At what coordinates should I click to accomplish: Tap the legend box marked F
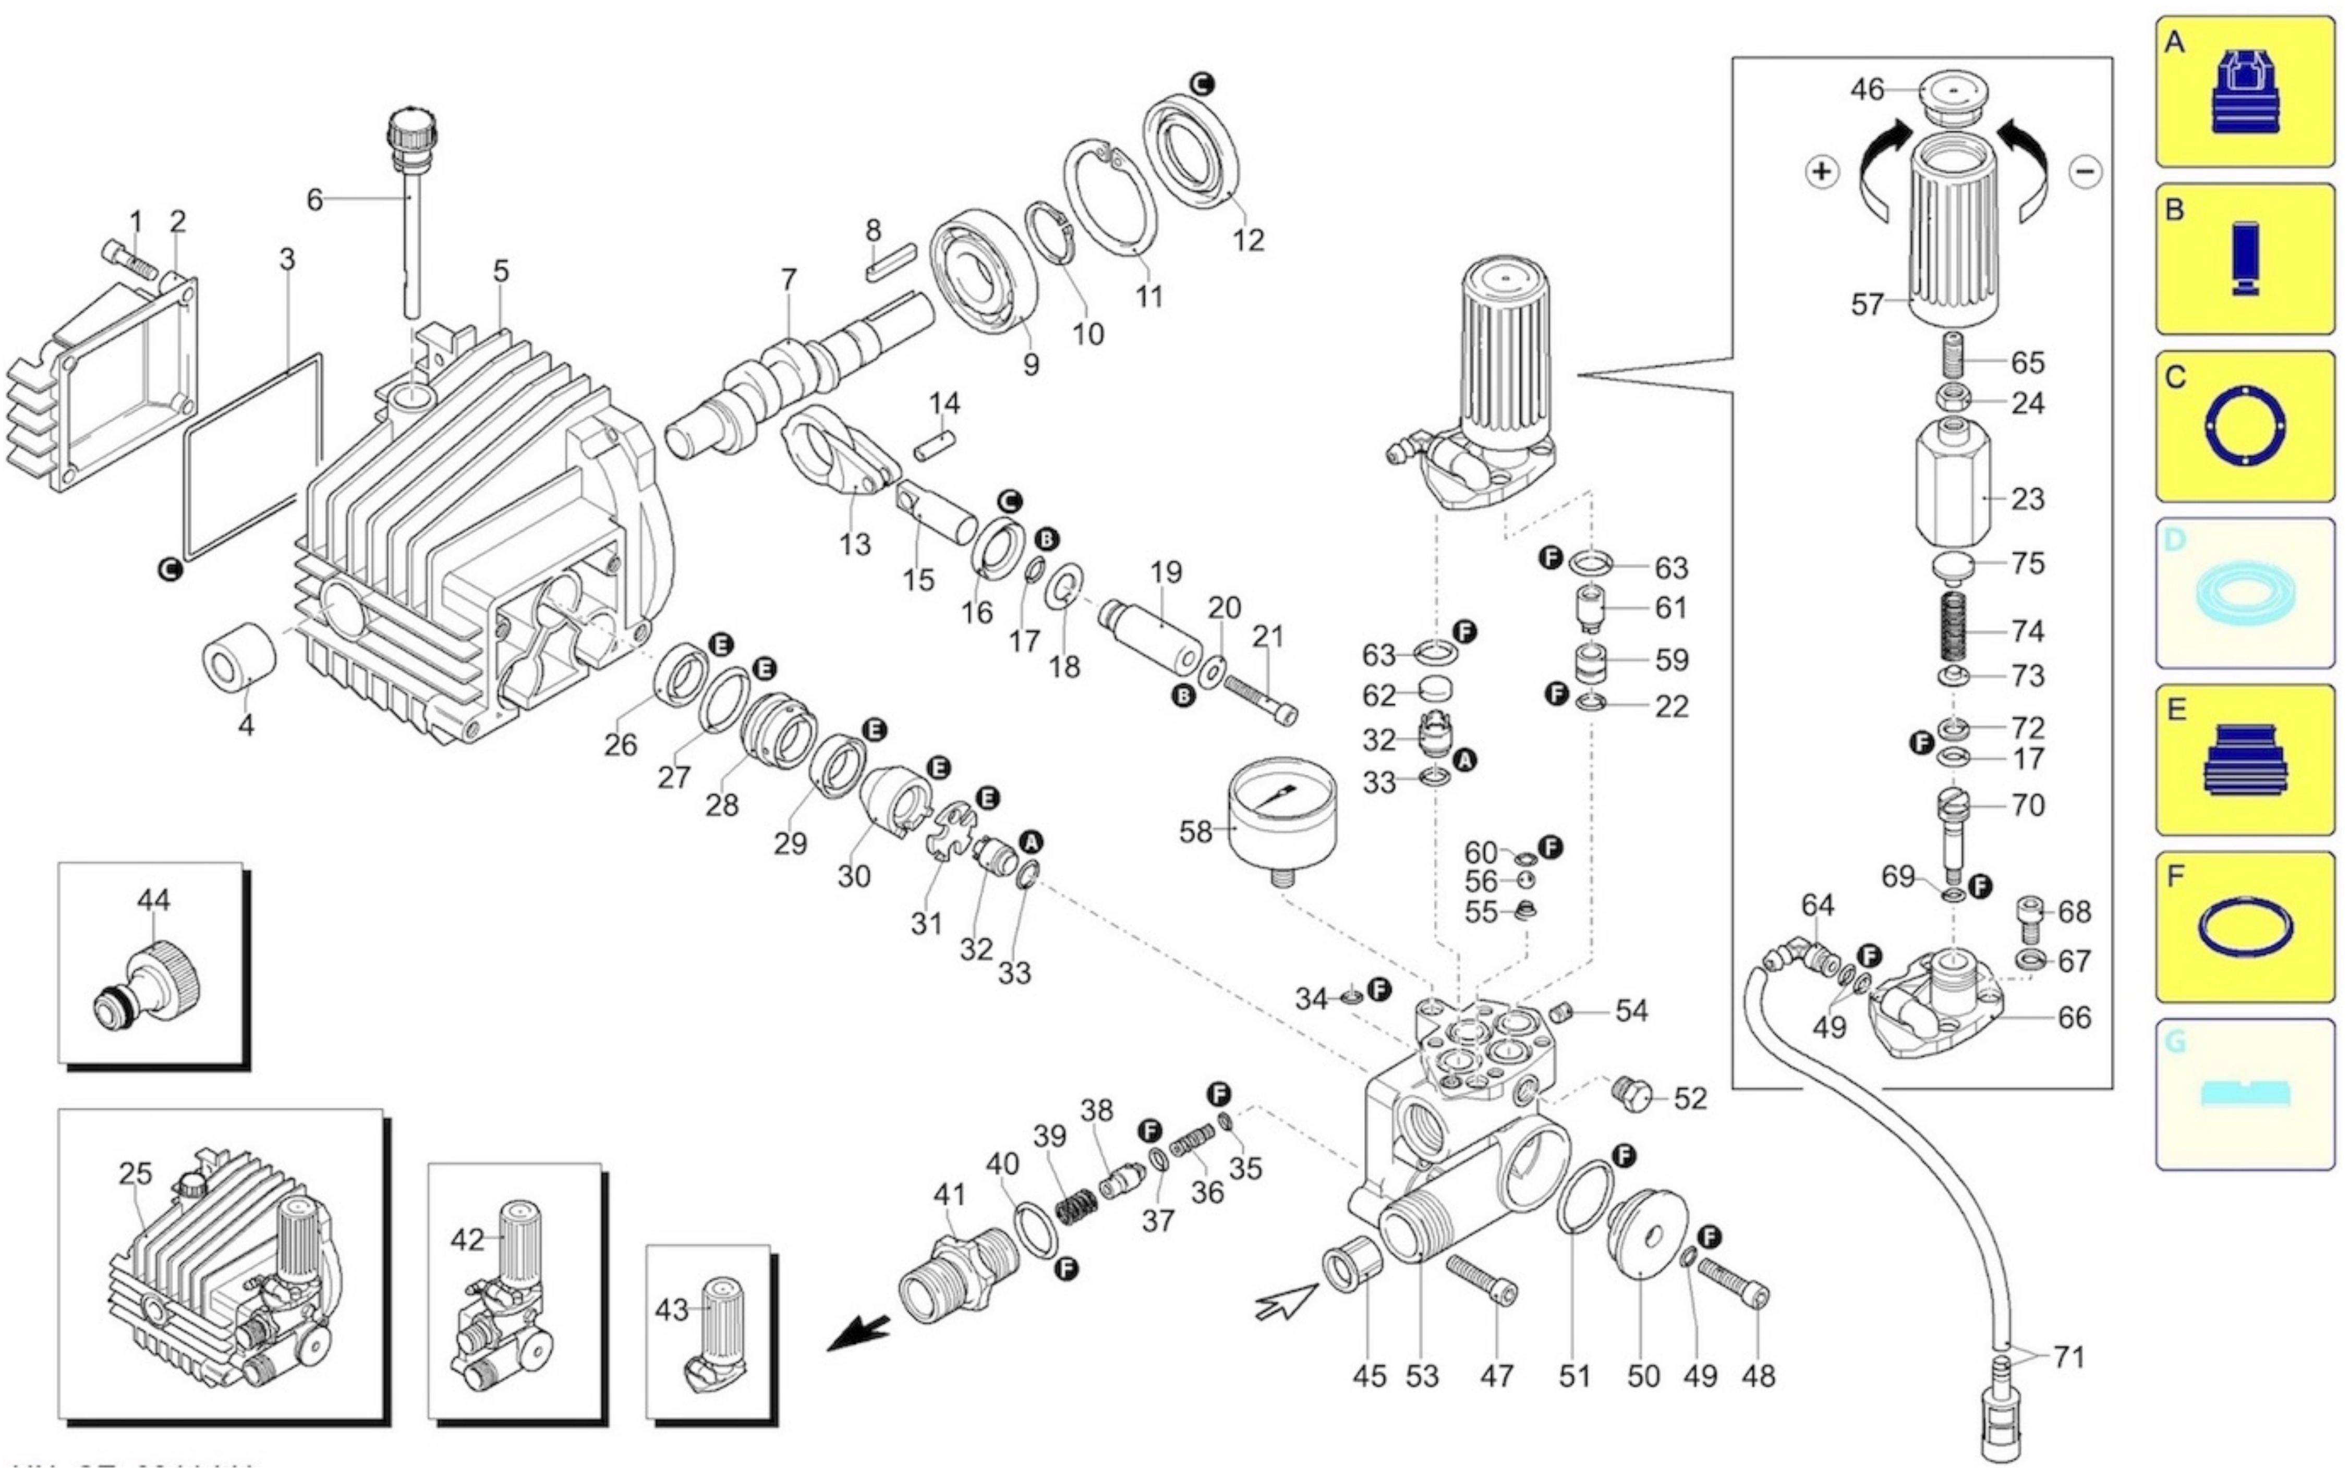(x=2244, y=927)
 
